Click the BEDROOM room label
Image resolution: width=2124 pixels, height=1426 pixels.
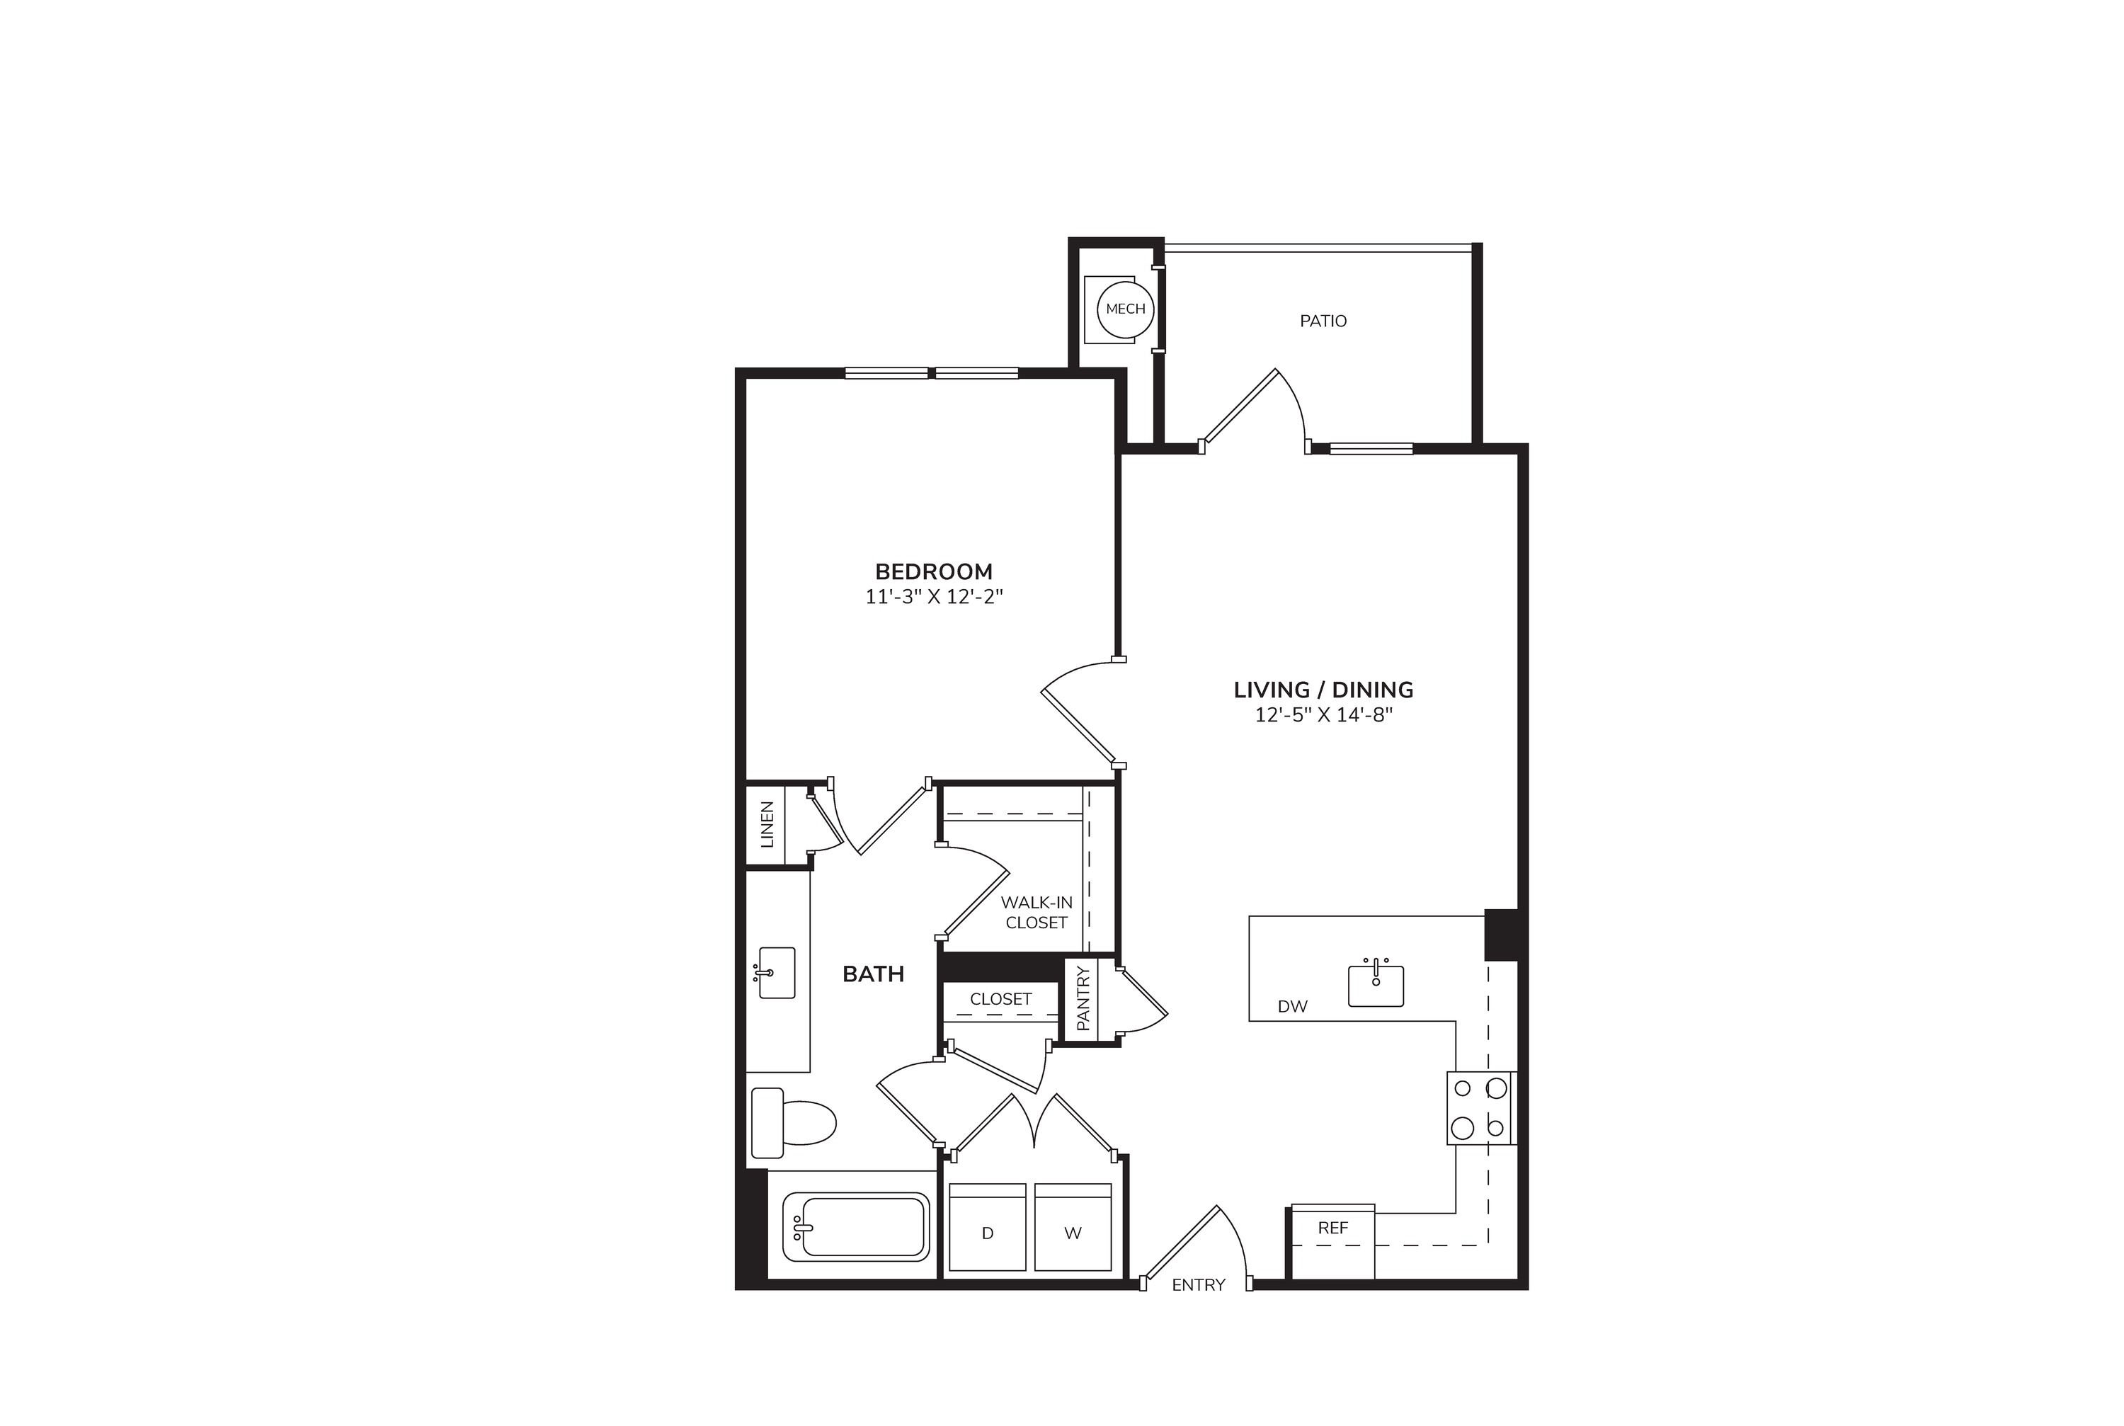tap(934, 571)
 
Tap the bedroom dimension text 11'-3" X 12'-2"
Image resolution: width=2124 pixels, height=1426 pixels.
tap(934, 597)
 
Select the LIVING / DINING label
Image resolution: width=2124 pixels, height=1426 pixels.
tap(1323, 690)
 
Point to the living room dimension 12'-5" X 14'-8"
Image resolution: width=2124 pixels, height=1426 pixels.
tap(1324, 715)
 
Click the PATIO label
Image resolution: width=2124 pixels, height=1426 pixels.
tap(1323, 321)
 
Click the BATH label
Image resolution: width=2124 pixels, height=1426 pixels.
tap(873, 974)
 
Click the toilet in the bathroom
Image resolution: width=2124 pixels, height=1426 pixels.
tap(793, 1123)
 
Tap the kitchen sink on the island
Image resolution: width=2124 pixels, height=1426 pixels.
tap(1376, 984)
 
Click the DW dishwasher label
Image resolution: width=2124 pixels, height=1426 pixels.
tap(1292, 1007)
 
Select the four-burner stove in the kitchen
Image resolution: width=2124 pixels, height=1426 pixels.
tap(1481, 1107)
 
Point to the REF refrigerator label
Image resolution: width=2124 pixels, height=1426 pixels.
tap(1333, 1228)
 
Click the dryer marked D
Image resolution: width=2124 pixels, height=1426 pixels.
tap(988, 1227)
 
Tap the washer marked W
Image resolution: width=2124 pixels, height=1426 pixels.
tap(1073, 1227)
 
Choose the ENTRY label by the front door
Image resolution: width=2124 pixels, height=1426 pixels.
tap(1199, 1285)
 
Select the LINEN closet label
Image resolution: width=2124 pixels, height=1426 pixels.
tap(767, 824)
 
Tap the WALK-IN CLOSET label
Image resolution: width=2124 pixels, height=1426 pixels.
tap(1037, 912)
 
